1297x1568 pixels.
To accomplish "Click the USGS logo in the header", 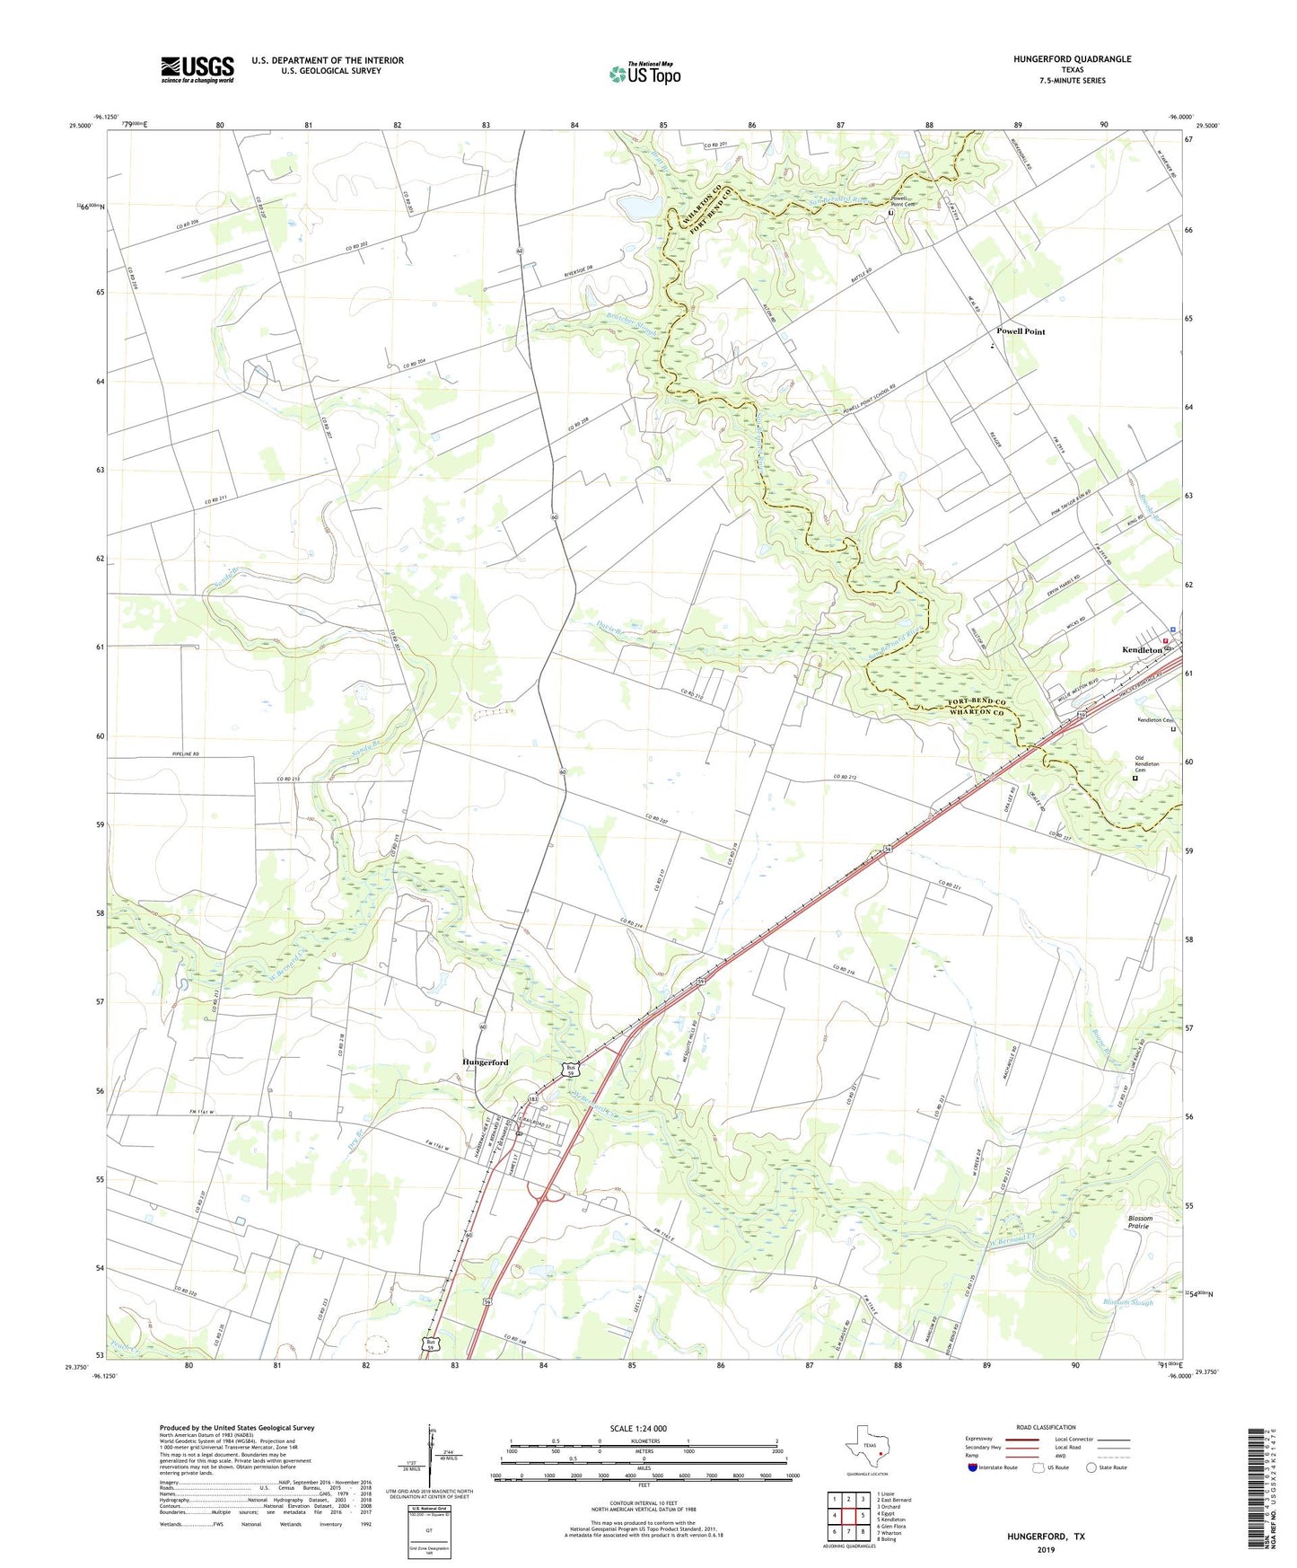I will click(x=197, y=69).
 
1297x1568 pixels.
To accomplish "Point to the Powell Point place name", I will click(x=1021, y=331).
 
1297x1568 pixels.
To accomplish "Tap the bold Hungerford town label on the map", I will click(x=486, y=1062).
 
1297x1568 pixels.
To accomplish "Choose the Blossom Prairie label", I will click(x=1140, y=1222).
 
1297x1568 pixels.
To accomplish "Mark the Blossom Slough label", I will click(x=1127, y=1302).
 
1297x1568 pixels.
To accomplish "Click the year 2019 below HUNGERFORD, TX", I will click(x=1047, y=1550).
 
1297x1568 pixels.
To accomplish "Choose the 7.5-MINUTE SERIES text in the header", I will click(x=1073, y=81).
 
